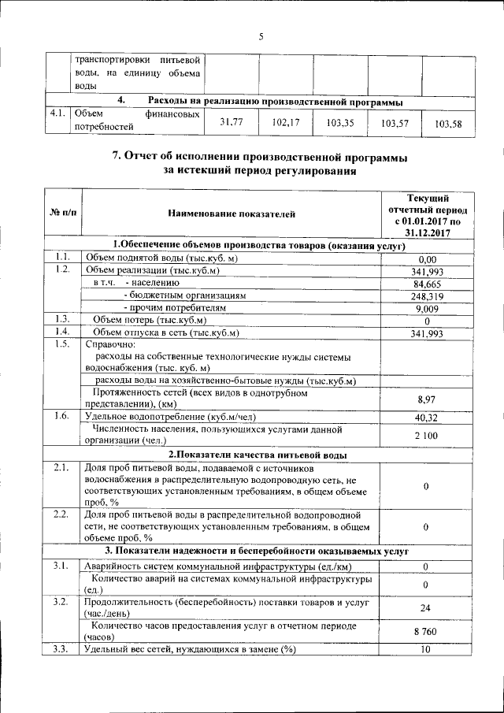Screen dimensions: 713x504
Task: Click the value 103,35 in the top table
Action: pos(339,123)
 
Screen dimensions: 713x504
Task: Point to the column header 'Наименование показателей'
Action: pos(232,213)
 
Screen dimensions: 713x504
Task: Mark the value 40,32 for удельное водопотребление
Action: pos(426,417)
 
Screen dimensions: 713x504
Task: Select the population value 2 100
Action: pos(426,436)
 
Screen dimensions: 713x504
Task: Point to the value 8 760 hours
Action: pos(426,632)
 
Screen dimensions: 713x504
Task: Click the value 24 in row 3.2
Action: pos(426,607)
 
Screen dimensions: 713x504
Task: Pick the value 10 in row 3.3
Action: pos(426,649)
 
